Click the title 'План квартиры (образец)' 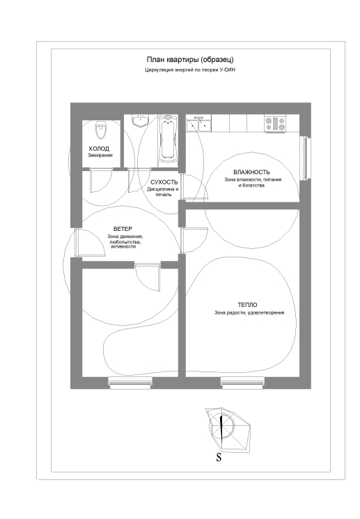tap(190, 60)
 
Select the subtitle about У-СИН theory tap(190, 70)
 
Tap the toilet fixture tap(100, 131)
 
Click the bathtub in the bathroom tap(168, 138)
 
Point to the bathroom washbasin tap(141, 121)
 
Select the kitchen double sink tap(198, 124)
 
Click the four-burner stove tap(274, 124)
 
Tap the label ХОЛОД tap(99, 149)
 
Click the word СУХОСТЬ tap(164, 182)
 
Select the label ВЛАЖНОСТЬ tap(251, 172)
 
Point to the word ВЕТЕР tap(123, 229)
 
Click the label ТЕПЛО tap(247, 305)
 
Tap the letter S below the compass tap(219, 458)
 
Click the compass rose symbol tap(227, 430)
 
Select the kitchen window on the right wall tap(306, 158)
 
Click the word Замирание tap(100, 155)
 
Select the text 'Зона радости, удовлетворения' tap(249, 312)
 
